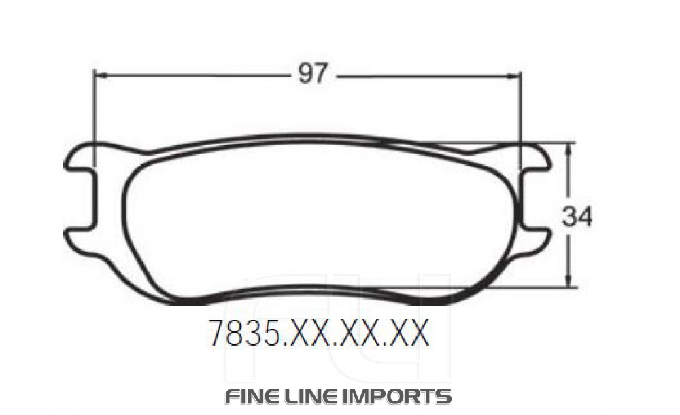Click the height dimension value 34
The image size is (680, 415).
[x=577, y=217]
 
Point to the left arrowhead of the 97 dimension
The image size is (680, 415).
[x=98, y=75]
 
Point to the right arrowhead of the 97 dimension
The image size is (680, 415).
[x=515, y=76]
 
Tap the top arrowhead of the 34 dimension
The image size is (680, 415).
[x=570, y=146]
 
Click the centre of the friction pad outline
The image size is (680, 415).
[x=320, y=217]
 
